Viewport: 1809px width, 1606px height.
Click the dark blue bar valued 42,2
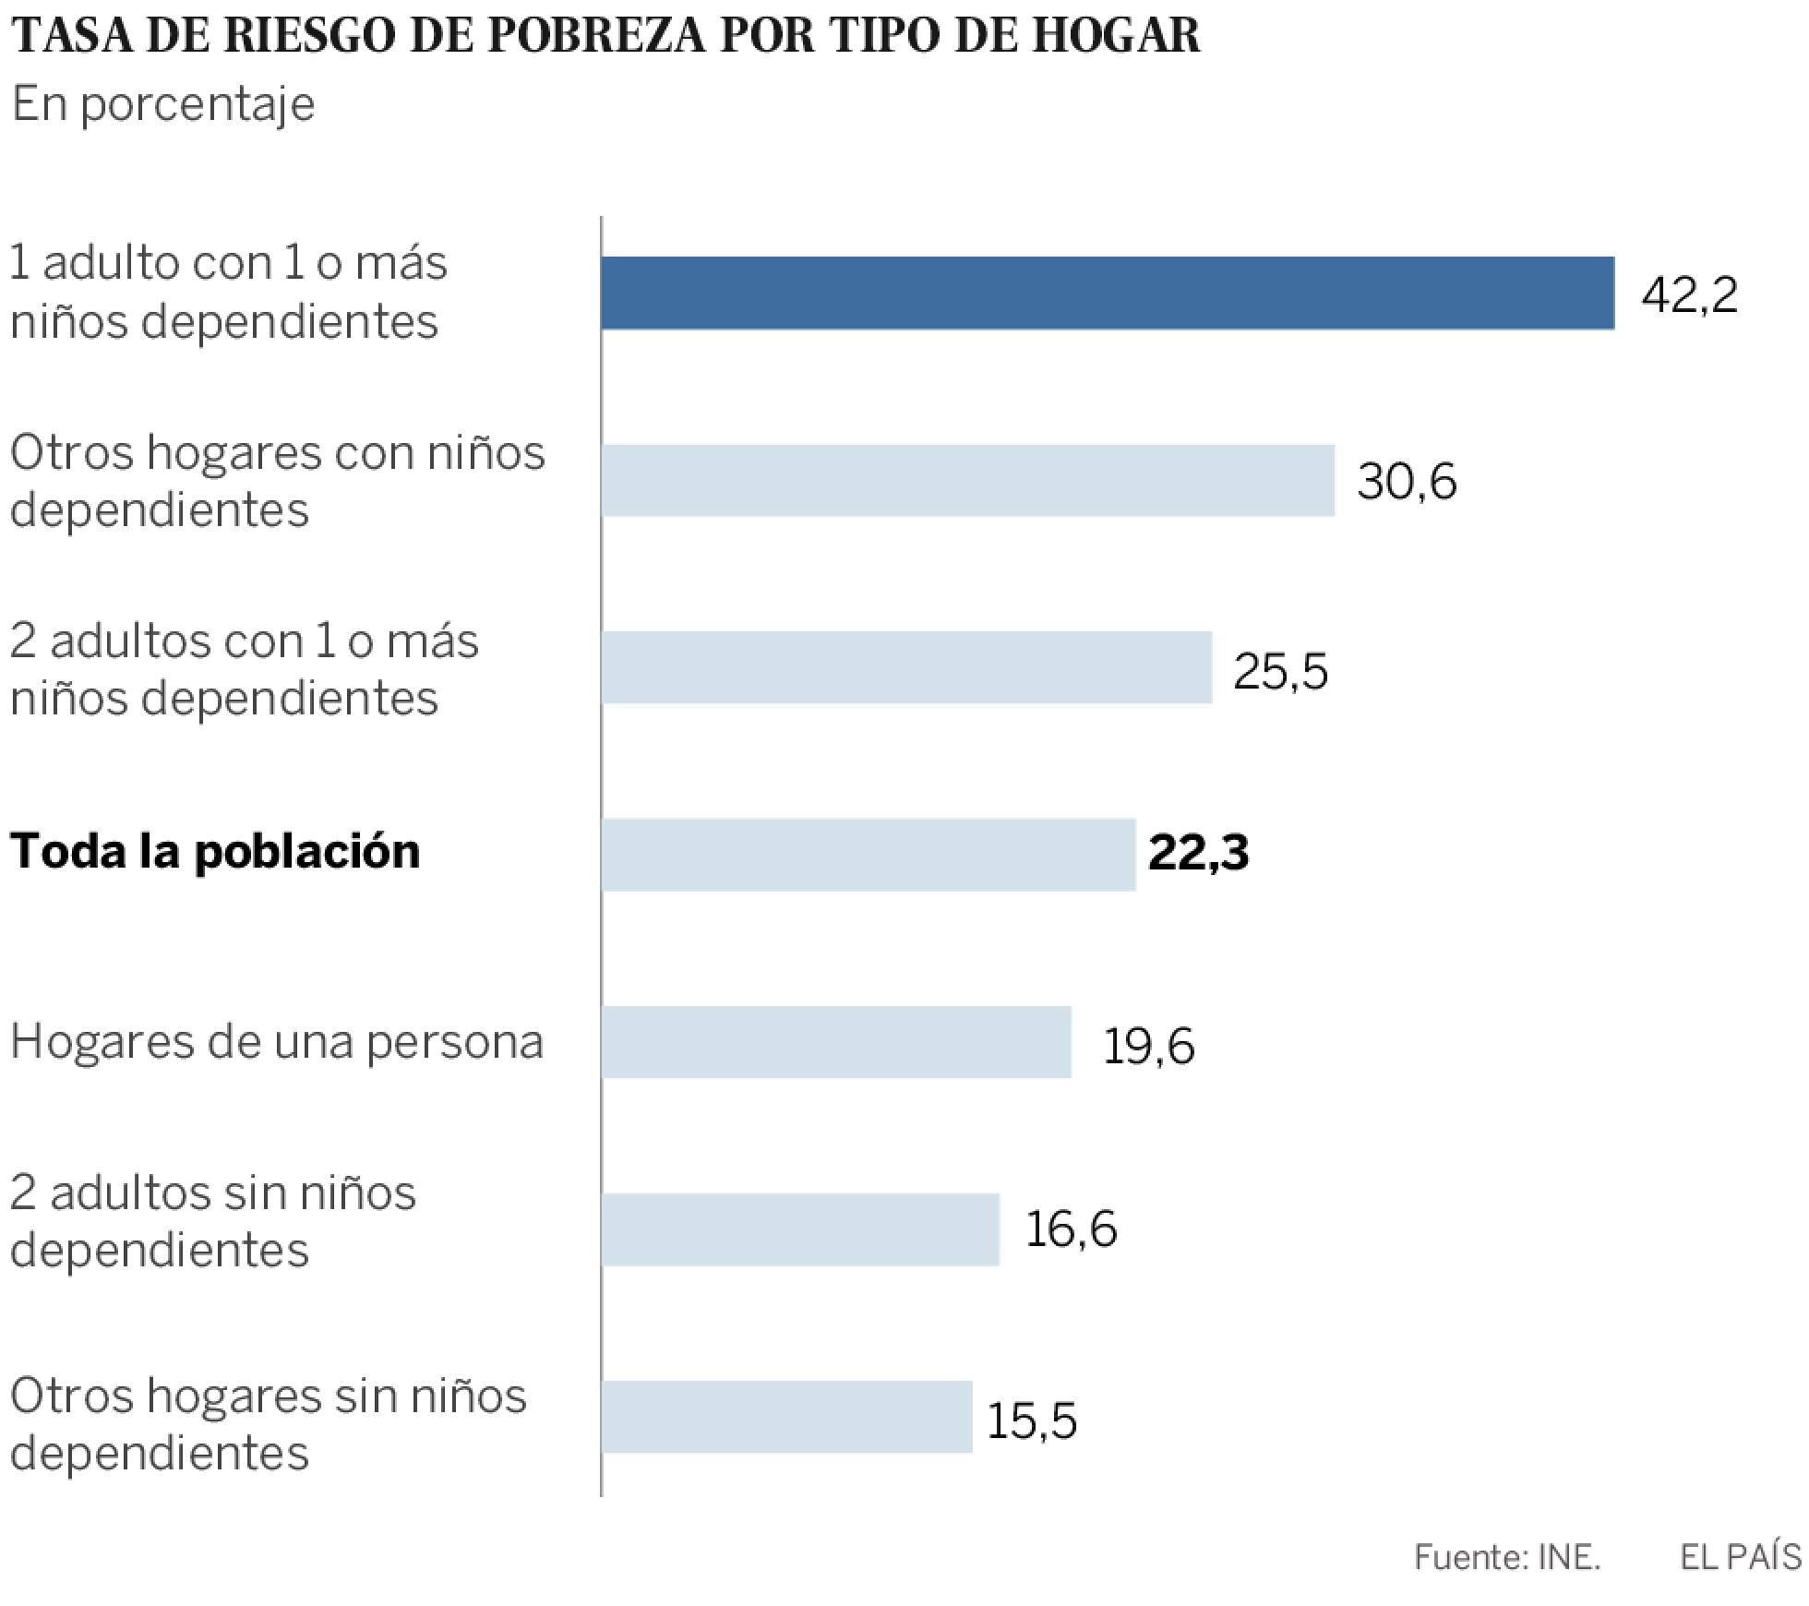tap(1108, 293)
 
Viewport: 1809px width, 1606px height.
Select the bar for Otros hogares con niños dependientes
tap(967, 480)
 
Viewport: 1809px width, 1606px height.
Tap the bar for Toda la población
tap(868, 854)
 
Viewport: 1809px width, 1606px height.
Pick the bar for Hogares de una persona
tap(836, 1041)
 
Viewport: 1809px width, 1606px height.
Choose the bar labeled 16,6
tap(800, 1228)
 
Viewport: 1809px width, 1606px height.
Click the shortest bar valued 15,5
tap(786, 1416)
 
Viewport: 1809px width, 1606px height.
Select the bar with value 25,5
tap(906, 667)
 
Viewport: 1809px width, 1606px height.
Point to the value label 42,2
tap(1689, 295)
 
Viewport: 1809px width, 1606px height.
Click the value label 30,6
tap(1407, 483)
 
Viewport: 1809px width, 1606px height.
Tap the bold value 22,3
tap(1198, 854)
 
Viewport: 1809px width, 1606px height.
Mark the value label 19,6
tap(1148, 1046)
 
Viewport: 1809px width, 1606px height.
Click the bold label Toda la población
tap(214, 850)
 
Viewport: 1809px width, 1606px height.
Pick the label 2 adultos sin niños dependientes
tap(212, 1220)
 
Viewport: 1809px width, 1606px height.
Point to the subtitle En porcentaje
tap(162, 104)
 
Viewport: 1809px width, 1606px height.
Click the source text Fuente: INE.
tap(1506, 1557)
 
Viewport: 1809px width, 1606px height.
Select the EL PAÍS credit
tap(1739, 1557)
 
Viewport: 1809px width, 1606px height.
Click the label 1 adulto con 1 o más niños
tap(228, 291)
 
